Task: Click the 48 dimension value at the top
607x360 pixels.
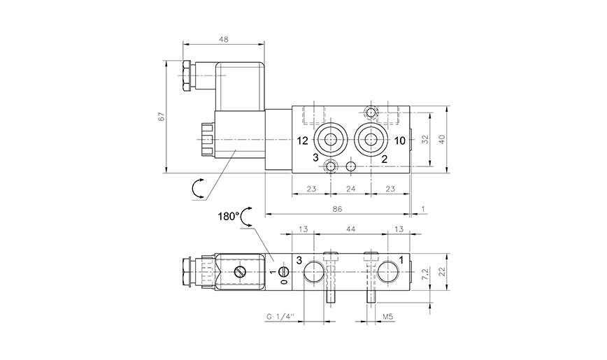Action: tap(223, 39)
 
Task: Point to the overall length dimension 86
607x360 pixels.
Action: tap(338, 208)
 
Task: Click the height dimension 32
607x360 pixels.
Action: tap(427, 138)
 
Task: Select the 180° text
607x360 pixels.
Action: tap(227, 217)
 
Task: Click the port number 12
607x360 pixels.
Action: tap(301, 141)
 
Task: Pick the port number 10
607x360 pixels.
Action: tap(399, 141)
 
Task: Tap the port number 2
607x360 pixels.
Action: tap(384, 159)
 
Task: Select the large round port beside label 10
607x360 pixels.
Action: tap(370, 139)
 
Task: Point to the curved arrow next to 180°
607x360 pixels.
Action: tap(245, 218)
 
